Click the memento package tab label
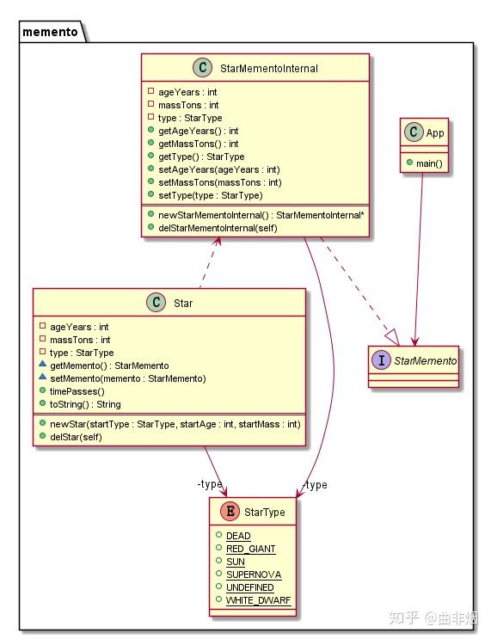(x=49, y=33)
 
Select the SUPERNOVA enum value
(x=253, y=574)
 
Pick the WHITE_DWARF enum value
(x=259, y=600)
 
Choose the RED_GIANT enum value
(x=250, y=549)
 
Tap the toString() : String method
(x=85, y=404)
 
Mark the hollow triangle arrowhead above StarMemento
(x=390, y=335)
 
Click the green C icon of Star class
(x=155, y=303)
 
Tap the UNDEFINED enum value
(x=249, y=587)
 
